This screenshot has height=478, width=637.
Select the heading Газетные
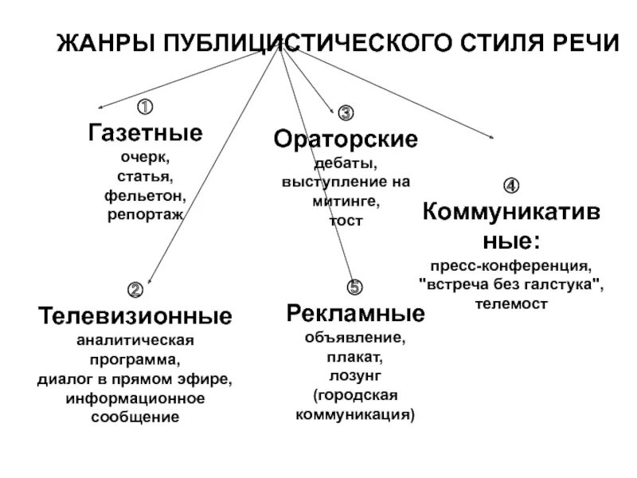145,132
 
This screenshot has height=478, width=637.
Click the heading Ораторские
346,140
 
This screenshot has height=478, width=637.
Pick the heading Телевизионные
135,316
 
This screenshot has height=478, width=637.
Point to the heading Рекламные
355,312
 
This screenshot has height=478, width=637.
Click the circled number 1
146,106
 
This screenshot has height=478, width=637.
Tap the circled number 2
135,288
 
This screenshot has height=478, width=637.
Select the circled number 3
346,112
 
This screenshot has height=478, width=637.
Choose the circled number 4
511,186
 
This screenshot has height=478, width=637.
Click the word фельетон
145,194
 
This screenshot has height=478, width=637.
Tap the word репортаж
145,214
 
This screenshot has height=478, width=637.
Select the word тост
346,221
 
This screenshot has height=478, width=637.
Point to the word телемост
511,304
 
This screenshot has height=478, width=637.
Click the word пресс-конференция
511,264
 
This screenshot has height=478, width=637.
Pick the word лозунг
355,375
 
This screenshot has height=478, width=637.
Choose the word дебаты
346,163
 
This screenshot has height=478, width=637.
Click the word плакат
355,356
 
